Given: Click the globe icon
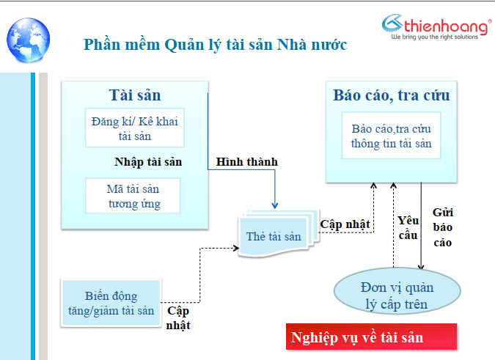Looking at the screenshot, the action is [28, 40].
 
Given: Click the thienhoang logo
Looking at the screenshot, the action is [436, 27].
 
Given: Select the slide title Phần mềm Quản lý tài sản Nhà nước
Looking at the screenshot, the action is [216, 45].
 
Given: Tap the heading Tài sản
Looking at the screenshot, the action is [135, 95].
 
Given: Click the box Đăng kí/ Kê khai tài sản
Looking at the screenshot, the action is [135, 128].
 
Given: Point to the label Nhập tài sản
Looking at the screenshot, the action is [148, 162].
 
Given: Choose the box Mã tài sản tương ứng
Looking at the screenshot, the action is [133, 196].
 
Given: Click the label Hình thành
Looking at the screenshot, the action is [247, 162].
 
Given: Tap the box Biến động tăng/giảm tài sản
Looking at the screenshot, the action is [111, 303].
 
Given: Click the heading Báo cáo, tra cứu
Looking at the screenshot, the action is [391, 95].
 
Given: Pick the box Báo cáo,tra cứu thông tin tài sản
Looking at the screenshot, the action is [391, 136].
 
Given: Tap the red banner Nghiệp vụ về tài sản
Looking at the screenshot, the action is [371, 337].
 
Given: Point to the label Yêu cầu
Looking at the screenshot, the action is [408, 228].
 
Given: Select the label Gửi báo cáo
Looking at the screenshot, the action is [443, 227].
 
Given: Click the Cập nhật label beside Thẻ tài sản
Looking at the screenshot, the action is [345, 224].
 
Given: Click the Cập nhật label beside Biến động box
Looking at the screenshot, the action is [178, 318].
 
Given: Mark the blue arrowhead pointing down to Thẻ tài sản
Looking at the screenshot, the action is [275, 205].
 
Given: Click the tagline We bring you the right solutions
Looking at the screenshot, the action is [435, 37].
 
